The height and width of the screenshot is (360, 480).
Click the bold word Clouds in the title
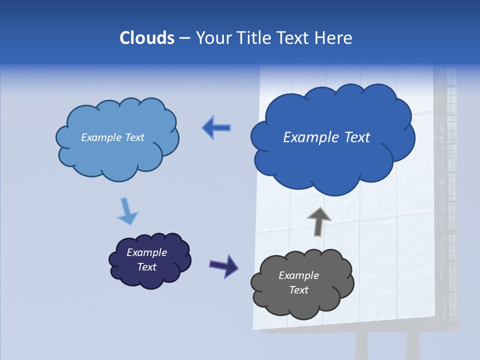point(146,37)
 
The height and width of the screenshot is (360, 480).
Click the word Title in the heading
point(254,37)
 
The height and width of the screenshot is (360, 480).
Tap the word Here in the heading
point(334,37)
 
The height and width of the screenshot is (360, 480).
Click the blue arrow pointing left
point(216,128)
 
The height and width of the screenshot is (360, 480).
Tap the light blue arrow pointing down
point(127,212)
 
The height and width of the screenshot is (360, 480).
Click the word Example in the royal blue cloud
point(306,137)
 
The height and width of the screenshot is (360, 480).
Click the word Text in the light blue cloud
point(134,137)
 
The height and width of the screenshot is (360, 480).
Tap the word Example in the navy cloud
point(146,252)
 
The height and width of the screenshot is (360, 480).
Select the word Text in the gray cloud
point(298,290)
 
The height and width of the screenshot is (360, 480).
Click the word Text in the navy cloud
point(146,267)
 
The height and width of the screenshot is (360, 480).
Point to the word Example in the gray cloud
point(298,275)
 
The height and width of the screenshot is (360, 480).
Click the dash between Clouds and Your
point(184,38)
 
